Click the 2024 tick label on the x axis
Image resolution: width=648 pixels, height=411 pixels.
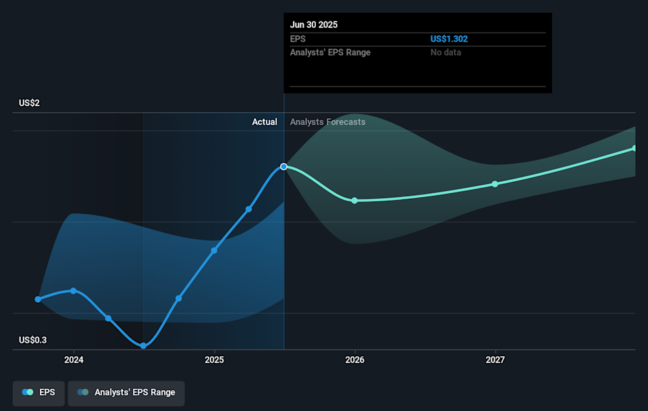[74, 360]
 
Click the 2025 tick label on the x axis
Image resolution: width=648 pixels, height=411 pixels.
[214, 360]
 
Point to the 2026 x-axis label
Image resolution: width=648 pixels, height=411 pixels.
[354, 360]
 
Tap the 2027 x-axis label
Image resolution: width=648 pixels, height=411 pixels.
[495, 360]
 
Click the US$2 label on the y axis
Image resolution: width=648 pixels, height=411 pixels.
[30, 103]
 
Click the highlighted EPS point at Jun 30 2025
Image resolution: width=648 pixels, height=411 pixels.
[284, 166]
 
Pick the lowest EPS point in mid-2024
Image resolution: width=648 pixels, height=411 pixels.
[144, 345]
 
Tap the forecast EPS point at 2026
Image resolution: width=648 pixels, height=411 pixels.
[354, 200]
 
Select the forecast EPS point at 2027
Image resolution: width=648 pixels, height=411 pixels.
[495, 184]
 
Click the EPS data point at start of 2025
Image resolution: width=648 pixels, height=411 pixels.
[214, 250]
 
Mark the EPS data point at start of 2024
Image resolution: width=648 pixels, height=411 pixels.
[74, 291]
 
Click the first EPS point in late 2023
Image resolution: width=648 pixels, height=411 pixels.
[38, 299]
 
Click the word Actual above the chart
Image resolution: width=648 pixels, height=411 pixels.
[265, 122]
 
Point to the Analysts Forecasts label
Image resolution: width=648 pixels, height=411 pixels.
[327, 122]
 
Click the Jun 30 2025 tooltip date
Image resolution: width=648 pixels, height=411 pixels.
[314, 25]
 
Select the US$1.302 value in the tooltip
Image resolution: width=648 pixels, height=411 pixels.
[449, 39]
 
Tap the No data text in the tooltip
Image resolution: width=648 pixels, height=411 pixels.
[446, 53]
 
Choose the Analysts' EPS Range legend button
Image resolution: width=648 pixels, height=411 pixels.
[126, 392]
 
